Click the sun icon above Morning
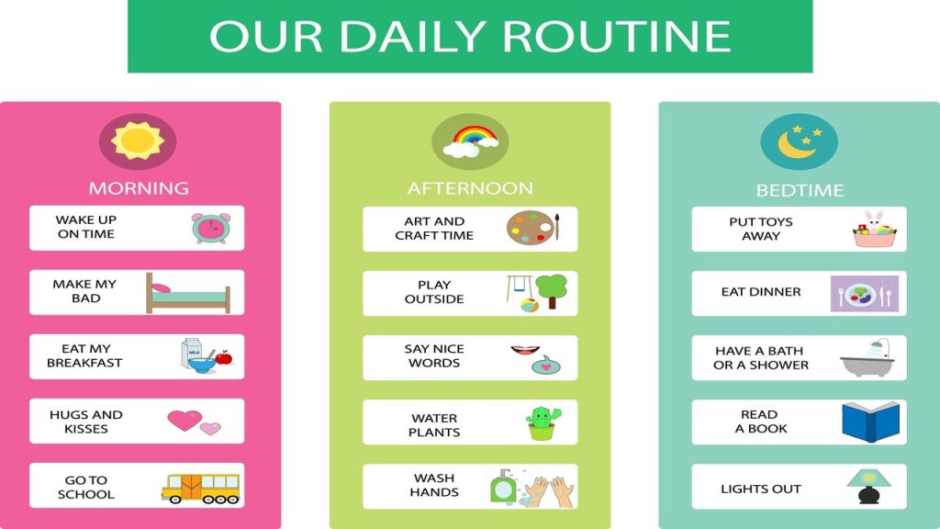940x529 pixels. [x=137, y=141]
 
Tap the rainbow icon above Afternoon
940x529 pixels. [x=470, y=141]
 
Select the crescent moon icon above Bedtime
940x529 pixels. [x=797, y=143]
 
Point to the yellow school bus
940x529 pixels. [x=200, y=487]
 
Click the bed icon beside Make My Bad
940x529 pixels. [x=188, y=294]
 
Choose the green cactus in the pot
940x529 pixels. [x=541, y=422]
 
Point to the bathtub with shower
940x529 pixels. [x=867, y=358]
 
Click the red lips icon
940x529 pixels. [x=523, y=350]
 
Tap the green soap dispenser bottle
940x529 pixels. [x=502, y=487]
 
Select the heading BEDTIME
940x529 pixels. [x=800, y=191]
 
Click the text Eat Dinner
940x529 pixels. [x=761, y=292]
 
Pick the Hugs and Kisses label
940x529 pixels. [x=86, y=422]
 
